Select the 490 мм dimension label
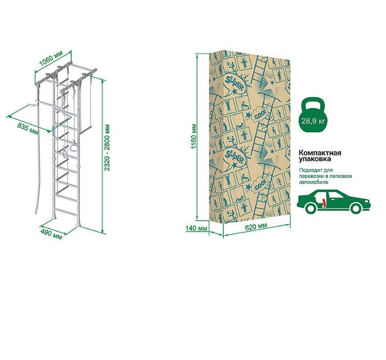51,234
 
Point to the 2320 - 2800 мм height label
107,148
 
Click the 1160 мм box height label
194,136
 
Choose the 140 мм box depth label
194,228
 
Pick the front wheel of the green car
355,208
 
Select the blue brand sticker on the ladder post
52,130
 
